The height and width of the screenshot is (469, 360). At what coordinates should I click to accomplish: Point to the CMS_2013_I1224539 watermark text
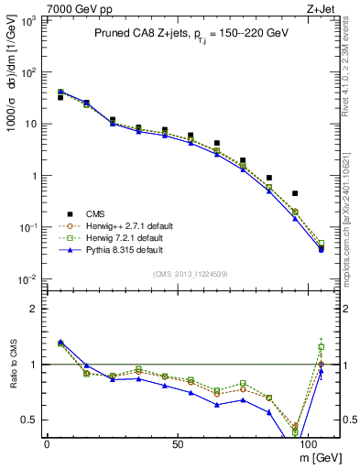pyautogui.click(x=191, y=273)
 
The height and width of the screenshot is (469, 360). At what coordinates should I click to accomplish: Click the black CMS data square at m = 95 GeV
pyautogui.click(x=295, y=193)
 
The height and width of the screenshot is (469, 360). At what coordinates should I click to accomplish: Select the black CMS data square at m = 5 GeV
pyautogui.click(x=60, y=97)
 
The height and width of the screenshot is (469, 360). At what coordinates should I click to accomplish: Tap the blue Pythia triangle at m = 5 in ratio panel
pyautogui.click(x=60, y=342)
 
